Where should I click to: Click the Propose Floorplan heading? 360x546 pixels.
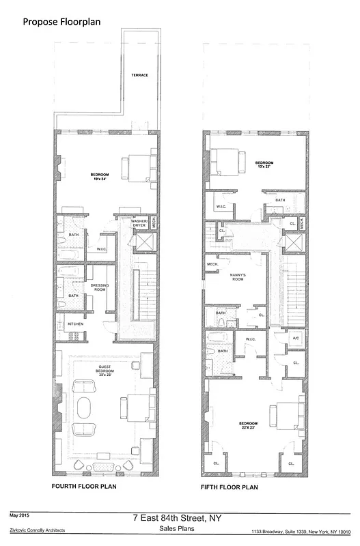pos(62,22)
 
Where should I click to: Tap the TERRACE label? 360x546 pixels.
pos(139,75)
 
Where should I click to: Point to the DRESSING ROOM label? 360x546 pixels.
pos(100,287)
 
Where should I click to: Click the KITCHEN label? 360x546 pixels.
pos(74,324)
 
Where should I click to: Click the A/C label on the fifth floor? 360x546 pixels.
pos(296,337)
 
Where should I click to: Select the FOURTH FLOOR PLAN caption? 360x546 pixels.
pos(85,487)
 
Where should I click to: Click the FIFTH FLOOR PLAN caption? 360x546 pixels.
pos(229,487)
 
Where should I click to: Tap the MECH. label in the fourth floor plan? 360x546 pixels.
pos(154,222)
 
